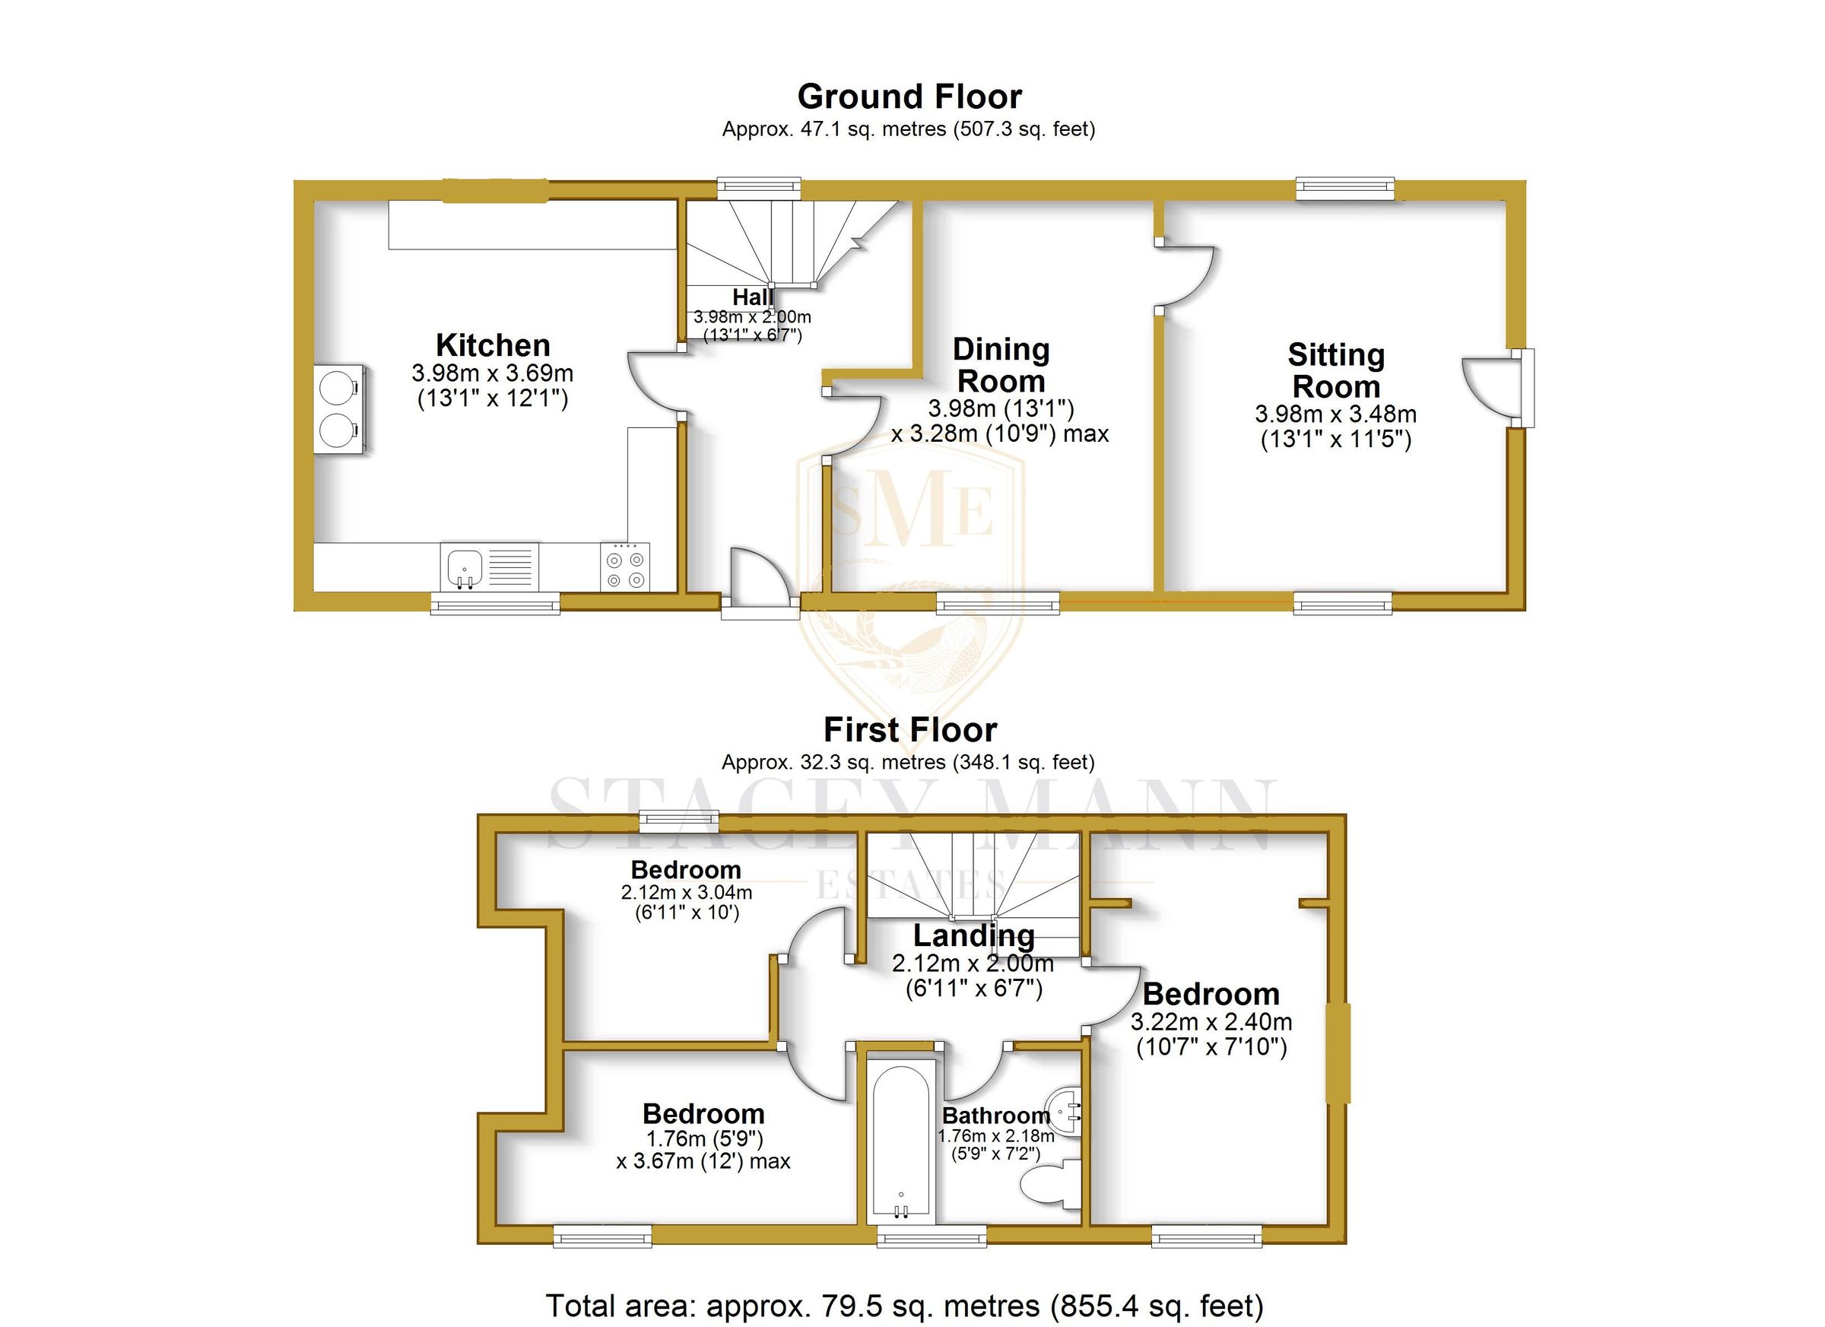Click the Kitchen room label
pyautogui.click(x=493, y=345)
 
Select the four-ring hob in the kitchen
pyautogui.click(x=625, y=568)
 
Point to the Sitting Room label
pyautogui.click(x=1336, y=370)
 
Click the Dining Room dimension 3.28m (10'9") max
pyautogui.click(x=999, y=433)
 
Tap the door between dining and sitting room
pyautogui.click(x=1185, y=275)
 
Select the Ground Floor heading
pyautogui.click(x=909, y=97)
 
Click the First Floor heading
pyautogui.click(x=910, y=730)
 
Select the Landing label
pyautogui.click(x=973, y=935)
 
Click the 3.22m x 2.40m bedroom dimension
pyautogui.click(x=1211, y=1022)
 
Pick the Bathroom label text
pyautogui.click(x=996, y=1116)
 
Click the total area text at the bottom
pyautogui.click(x=904, y=1305)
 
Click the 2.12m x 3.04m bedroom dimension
pyautogui.click(x=687, y=893)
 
